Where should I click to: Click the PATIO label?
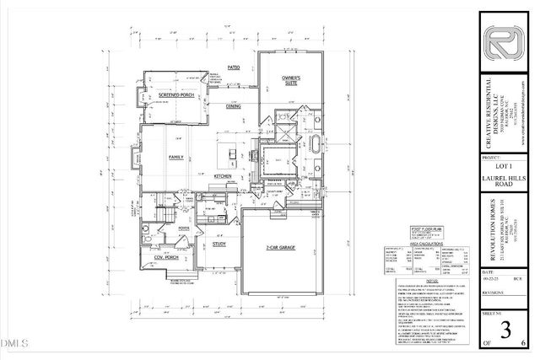234,66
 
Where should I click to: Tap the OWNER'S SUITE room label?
292,82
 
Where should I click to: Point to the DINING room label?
233,106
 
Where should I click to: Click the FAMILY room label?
177,157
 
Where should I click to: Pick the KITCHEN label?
223,175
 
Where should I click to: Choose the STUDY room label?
219,244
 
